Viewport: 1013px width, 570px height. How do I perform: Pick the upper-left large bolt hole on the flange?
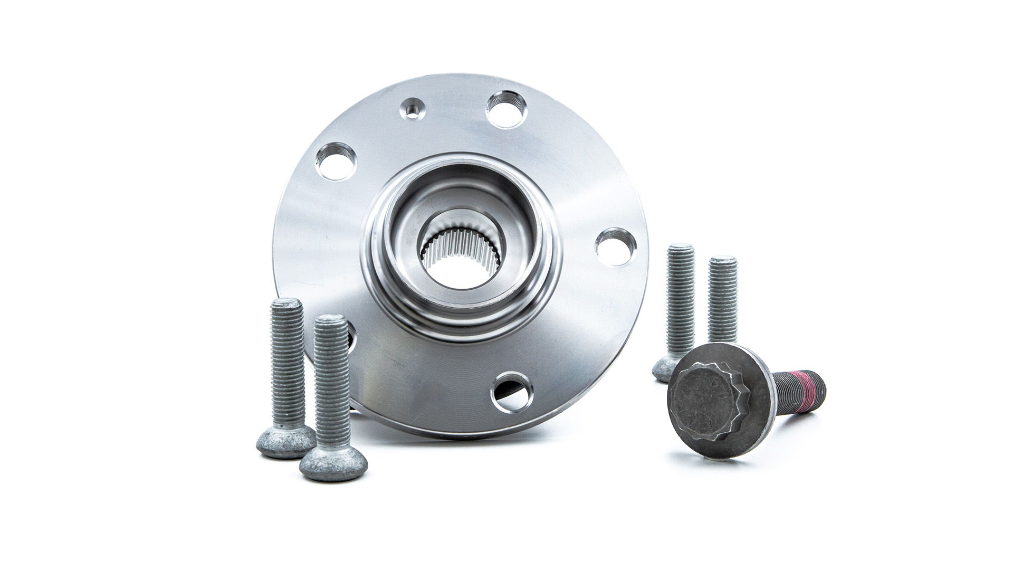[x=335, y=161]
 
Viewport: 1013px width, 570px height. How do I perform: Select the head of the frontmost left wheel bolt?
[x=333, y=464]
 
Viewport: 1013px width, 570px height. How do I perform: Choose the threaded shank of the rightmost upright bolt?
[x=723, y=301]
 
